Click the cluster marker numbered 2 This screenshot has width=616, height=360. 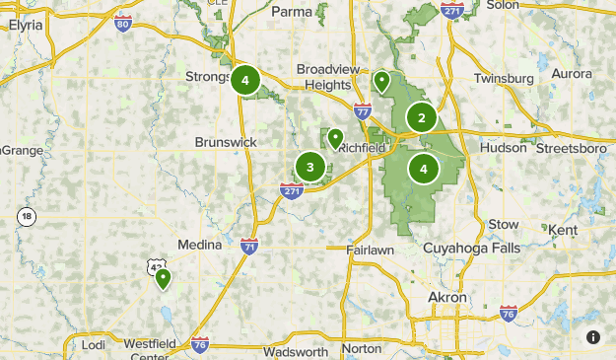coord(422,118)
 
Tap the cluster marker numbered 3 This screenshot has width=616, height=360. coord(310,167)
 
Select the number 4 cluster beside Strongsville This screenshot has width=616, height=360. coord(245,81)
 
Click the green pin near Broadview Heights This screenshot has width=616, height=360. coord(381,80)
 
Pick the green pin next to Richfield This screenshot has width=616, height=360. coord(336,138)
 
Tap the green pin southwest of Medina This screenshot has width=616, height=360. coord(163,280)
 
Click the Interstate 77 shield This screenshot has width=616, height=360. coord(363,112)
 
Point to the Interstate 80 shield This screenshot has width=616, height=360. coord(123,21)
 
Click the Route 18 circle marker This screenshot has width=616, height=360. coord(26,217)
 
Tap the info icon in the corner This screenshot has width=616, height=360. coord(593,337)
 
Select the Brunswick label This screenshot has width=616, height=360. coord(226,142)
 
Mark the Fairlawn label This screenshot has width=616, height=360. coord(372,251)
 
